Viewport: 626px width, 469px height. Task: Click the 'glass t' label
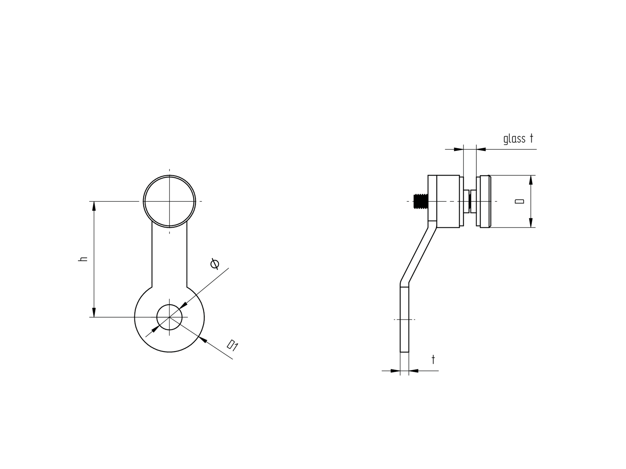(x=518, y=139)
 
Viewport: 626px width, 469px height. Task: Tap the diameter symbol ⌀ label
(x=215, y=264)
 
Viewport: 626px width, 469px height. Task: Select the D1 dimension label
(x=233, y=346)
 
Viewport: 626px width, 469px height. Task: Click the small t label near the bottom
(x=433, y=360)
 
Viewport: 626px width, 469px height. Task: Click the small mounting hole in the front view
(x=170, y=317)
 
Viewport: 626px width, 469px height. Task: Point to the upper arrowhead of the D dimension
(x=531, y=180)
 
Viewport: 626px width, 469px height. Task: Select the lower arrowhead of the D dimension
(x=531, y=223)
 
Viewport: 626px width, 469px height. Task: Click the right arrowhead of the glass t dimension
(x=481, y=149)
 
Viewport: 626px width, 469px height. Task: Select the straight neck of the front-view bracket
(x=170, y=257)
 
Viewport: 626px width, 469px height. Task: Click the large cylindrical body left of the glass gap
(x=448, y=201)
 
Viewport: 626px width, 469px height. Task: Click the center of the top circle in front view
(x=170, y=201)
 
